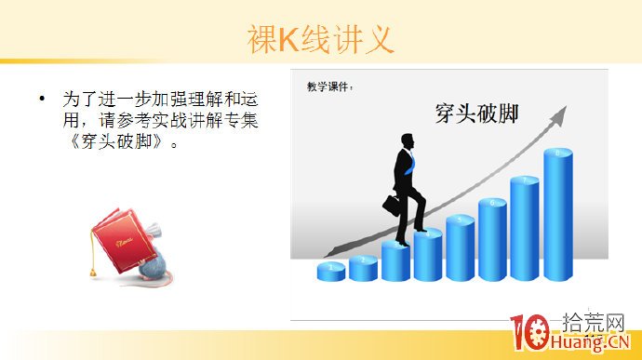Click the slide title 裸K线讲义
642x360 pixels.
(x=321, y=39)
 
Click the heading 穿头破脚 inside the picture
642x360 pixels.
(x=476, y=113)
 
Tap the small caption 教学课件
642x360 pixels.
(x=329, y=87)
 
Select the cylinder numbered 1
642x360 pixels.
(x=331, y=271)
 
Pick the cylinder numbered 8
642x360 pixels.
(x=557, y=214)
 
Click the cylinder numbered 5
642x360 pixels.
(x=460, y=247)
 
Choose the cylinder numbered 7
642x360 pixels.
(x=525, y=227)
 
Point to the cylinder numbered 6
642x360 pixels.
(x=492, y=238)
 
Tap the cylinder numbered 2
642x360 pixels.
(x=364, y=266)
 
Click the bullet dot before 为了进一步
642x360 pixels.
(x=42, y=98)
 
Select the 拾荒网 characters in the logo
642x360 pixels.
(x=595, y=325)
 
